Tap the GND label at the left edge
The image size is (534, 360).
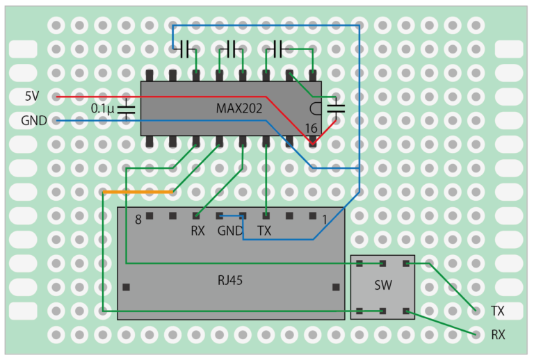[x=34, y=120]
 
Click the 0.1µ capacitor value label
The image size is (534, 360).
[x=103, y=108]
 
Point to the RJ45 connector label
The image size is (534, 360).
[x=230, y=281]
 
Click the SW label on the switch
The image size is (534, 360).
[x=382, y=286]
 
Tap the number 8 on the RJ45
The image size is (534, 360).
[x=138, y=220]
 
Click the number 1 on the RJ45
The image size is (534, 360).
[x=324, y=220]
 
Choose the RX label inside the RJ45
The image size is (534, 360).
[x=197, y=231]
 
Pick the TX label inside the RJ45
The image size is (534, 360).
[x=265, y=231]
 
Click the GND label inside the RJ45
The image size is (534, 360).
[x=230, y=231]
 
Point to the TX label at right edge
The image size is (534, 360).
[x=498, y=310]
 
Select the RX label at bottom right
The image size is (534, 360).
[x=498, y=334]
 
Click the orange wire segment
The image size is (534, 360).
[x=138, y=191]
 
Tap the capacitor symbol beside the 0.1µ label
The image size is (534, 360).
[x=127, y=108]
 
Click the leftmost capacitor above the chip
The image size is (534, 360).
[x=185, y=49]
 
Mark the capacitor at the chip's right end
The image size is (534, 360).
[x=337, y=107]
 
